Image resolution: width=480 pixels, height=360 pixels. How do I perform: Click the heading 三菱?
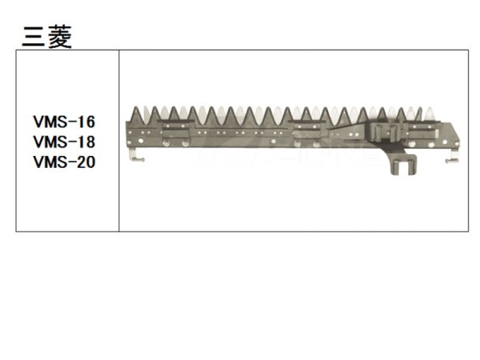pyautogui.click(x=46, y=36)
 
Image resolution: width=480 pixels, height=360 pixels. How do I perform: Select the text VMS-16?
pyautogui.click(x=64, y=122)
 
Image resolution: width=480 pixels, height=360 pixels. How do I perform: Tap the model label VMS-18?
pyautogui.click(x=64, y=142)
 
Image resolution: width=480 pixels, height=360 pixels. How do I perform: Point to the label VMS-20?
pyautogui.click(x=64, y=161)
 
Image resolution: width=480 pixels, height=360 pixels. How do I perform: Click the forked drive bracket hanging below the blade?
pyautogui.click(x=402, y=164)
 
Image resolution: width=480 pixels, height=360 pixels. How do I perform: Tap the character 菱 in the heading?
pyautogui.click(x=59, y=36)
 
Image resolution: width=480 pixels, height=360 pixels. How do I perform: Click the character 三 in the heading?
pyautogui.click(x=33, y=36)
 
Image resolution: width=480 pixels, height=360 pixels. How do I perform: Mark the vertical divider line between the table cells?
pyautogui.click(x=119, y=141)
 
